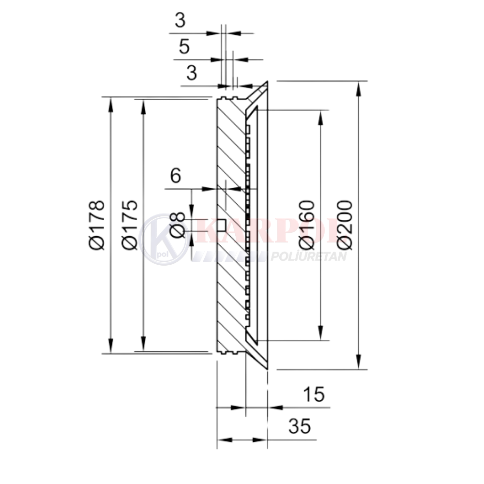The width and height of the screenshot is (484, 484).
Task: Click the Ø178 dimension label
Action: (x=96, y=225)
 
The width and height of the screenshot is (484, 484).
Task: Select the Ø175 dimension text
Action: (x=129, y=225)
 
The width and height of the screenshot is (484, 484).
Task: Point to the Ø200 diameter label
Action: (x=345, y=225)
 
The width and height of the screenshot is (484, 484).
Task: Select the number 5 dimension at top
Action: (x=184, y=46)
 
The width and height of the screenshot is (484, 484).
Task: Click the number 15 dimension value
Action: (x=314, y=394)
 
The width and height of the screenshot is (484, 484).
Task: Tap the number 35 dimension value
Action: (x=300, y=426)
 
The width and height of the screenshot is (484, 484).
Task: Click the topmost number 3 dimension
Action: (x=180, y=20)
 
